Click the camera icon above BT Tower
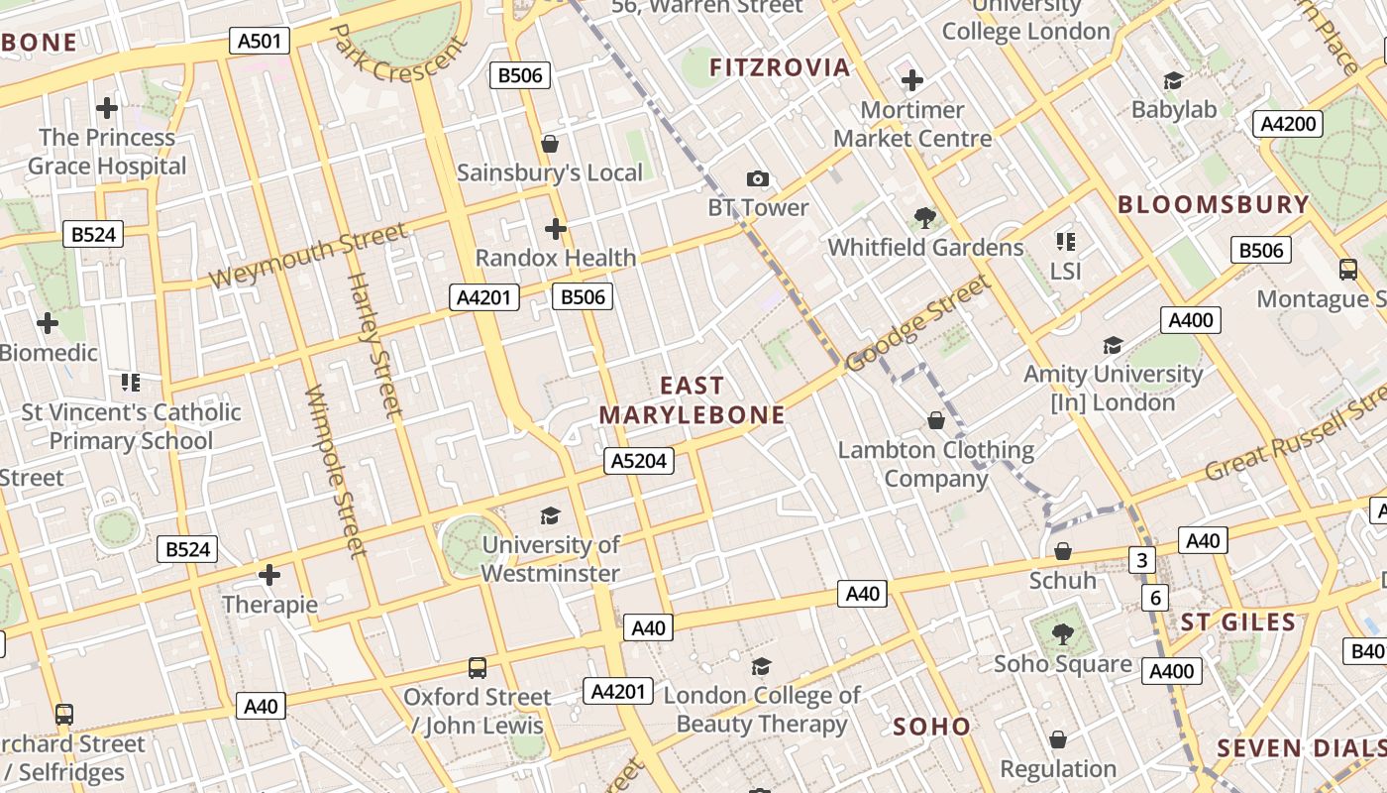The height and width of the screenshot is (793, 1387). tap(758, 178)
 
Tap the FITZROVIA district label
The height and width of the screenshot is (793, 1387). tap(781, 67)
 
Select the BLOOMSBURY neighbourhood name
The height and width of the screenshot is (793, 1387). tap(1214, 204)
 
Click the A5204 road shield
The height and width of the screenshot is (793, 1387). tap(639, 460)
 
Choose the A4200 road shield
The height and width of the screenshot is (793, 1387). tap(1288, 124)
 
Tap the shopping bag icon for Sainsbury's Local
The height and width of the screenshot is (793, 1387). tap(550, 145)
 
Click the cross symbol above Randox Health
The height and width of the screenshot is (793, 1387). tap(556, 230)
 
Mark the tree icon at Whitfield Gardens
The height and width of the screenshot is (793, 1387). tap(925, 217)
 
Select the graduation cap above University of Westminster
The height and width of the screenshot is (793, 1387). tap(550, 515)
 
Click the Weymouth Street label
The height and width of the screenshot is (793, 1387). tap(308, 256)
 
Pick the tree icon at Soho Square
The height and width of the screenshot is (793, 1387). tap(1062, 633)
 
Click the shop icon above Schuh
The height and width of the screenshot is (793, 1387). tap(1063, 551)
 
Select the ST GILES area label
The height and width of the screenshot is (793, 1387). tap(1238, 623)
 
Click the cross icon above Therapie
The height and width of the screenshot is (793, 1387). tap(269, 575)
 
